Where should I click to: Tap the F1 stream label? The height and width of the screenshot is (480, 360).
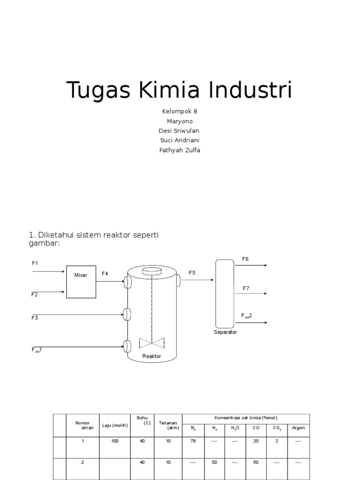tap(35, 263)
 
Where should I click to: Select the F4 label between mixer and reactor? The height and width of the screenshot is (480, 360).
tap(105, 273)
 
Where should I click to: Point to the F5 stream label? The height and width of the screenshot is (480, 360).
tap(192, 273)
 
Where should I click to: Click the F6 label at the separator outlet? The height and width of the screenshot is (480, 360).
tap(245, 259)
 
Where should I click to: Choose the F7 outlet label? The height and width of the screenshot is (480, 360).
tap(246, 288)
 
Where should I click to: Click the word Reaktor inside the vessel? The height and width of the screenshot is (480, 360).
tap(151, 356)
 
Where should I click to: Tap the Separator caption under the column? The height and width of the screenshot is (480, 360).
tap(226, 332)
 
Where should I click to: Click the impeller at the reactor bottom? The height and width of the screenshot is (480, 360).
tap(152, 343)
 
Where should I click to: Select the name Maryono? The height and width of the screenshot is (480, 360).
tap(180, 121)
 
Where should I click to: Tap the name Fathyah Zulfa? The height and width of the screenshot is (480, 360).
tap(180, 150)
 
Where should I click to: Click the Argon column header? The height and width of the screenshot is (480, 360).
tap(298, 427)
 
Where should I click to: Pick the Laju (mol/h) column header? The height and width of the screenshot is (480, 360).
tap(115, 425)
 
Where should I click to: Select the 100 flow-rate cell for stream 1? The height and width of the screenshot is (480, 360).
tap(115, 441)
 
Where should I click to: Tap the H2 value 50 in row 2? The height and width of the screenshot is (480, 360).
tap(214, 462)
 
